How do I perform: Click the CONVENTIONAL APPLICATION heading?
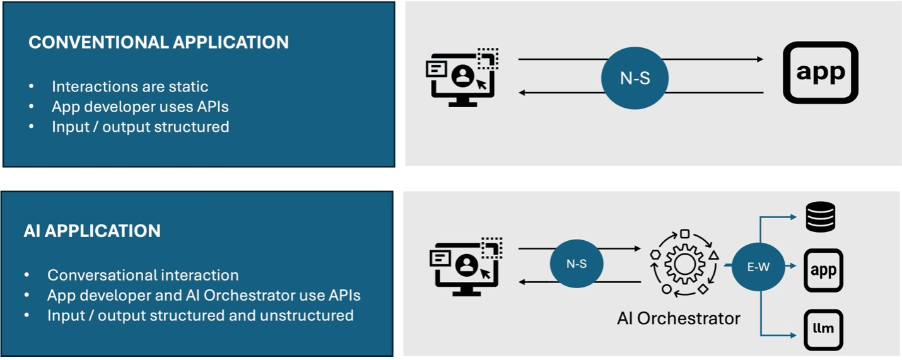click(158, 42)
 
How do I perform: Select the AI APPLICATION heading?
click(92, 231)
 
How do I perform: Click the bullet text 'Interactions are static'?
click(130, 86)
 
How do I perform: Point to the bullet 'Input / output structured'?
click(140, 127)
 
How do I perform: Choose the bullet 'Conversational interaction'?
click(143, 276)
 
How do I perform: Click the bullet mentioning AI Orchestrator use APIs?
click(204, 295)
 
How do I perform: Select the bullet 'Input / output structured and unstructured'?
click(200, 315)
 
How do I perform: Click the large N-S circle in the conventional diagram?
click(635, 79)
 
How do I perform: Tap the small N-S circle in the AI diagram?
click(577, 264)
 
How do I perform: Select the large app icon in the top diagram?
click(820, 73)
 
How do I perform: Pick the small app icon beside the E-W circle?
click(823, 270)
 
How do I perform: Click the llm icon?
click(823, 329)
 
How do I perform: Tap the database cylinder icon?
click(821, 218)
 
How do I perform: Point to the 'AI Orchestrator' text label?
click(678, 318)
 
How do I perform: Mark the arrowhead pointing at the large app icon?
click(759, 59)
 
